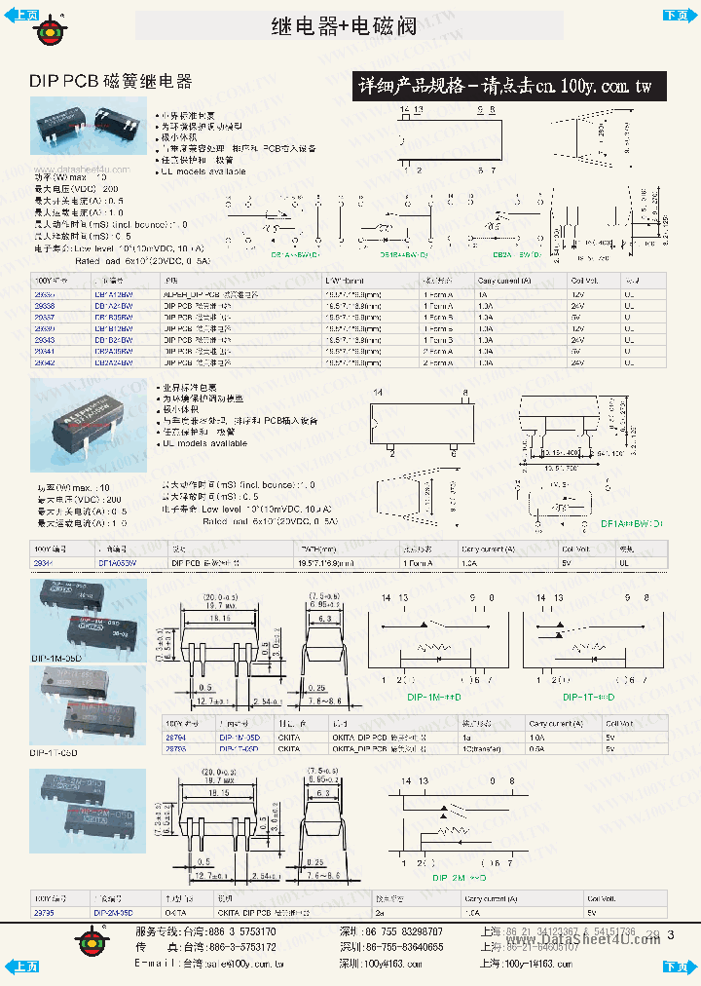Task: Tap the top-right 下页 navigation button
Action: [x=676, y=14]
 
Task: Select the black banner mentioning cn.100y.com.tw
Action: [x=505, y=87]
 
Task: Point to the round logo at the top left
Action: [x=48, y=30]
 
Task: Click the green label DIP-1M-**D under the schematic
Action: [x=434, y=698]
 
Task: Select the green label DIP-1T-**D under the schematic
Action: [x=590, y=698]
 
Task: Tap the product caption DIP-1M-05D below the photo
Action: [x=55, y=659]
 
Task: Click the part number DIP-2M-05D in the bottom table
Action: [x=114, y=913]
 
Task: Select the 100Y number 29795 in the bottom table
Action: [x=45, y=913]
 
